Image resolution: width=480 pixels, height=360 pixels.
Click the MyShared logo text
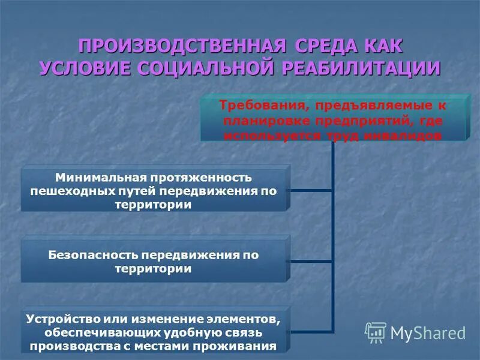pyautogui.click(x=427, y=332)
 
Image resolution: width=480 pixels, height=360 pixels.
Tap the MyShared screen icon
pyautogui.click(x=376, y=332)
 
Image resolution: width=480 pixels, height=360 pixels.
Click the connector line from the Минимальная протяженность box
pyautogui.click(x=310, y=190)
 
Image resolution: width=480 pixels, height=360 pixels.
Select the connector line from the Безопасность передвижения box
pyautogui.click(x=310, y=262)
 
